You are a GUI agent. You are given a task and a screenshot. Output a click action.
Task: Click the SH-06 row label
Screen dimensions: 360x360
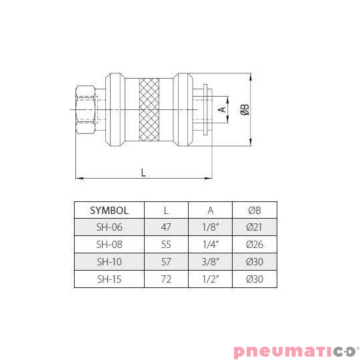pos(109,227)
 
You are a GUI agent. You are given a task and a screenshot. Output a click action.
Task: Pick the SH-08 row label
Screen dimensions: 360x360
pos(109,244)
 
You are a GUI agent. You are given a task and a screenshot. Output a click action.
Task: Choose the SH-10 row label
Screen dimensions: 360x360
pos(109,261)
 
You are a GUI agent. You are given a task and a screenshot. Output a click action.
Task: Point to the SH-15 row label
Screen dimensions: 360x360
pos(109,279)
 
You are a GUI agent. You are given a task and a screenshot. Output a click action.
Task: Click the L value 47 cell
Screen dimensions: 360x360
pos(166,227)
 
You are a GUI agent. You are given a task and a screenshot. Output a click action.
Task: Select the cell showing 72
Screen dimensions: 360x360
pos(166,279)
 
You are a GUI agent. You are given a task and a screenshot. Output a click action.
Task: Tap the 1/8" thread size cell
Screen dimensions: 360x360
pos(210,227)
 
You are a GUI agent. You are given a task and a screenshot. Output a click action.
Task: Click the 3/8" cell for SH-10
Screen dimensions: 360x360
pos(210,261)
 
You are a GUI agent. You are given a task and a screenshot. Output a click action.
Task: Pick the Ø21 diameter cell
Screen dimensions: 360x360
pos(254,227)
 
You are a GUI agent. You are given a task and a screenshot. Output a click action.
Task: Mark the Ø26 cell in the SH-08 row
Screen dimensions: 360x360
pos(254,244)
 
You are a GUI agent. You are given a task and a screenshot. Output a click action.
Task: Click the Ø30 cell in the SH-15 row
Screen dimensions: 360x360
pos(254,279)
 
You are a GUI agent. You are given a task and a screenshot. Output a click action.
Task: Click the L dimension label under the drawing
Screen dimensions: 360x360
pos(143,172)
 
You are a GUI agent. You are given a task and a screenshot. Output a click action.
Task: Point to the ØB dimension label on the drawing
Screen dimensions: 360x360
pos(245,108)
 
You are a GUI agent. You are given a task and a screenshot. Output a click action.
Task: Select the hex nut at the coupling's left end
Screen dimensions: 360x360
pos(85,107)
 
